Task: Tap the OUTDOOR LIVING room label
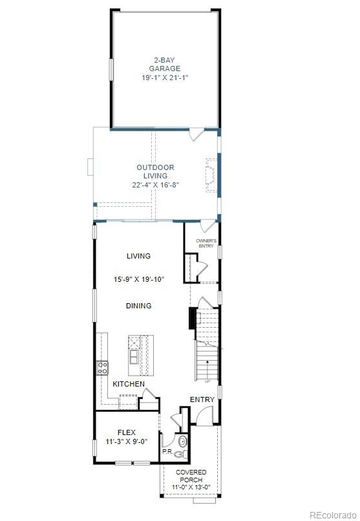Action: (155, 171)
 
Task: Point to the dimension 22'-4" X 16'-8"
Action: (155, 184)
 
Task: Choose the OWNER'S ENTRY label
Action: (206, 244)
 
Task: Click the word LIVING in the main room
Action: (138, 256)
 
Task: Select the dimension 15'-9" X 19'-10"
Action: (139, 280)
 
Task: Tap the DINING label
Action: (139, 306)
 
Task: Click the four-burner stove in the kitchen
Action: (102, 368)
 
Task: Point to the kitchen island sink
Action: (134, 355)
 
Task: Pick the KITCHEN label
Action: (129, 384)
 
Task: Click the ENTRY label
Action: (202, 399)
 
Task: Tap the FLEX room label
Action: (127, 432)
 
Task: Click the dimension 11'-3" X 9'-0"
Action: (127, 442)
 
